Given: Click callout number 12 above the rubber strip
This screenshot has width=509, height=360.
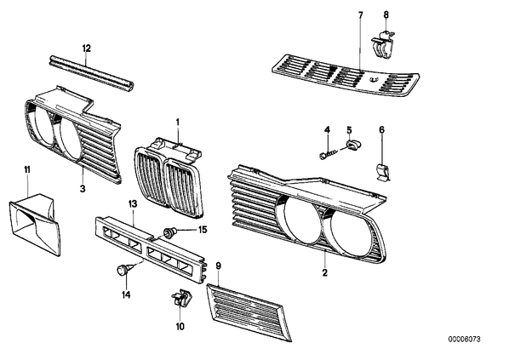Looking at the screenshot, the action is click(x=86, y=49).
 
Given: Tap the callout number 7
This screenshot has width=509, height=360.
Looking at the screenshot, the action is click(x=361, y=15).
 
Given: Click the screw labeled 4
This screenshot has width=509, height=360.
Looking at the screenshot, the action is click(x=329, y=153).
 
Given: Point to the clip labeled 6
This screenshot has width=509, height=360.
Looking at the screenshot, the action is click(x=382, y=172).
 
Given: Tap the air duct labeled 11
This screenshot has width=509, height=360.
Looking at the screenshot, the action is click(x=35, y=224).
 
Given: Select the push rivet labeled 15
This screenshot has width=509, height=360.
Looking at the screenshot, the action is click(x=170, y=232).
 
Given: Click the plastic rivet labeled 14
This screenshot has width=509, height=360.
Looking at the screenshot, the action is click(x=124, y=270).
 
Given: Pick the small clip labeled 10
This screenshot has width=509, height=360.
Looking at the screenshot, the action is click(x=181, y=298).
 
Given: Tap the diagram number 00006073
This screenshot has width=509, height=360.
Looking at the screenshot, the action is click(x=464, y=340).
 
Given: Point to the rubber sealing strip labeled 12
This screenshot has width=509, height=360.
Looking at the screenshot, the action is click(x=92, y=72).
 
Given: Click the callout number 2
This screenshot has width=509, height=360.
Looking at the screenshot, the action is click(x=325, y=272).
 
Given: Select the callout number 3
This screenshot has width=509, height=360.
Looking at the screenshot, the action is click(x=83, y=188).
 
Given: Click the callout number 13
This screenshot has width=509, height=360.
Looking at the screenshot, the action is click(x=133, y=204).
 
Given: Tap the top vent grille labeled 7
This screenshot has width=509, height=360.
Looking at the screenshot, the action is click(x=345, y=75).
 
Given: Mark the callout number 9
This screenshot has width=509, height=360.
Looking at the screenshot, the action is click(x=219, y=266).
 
